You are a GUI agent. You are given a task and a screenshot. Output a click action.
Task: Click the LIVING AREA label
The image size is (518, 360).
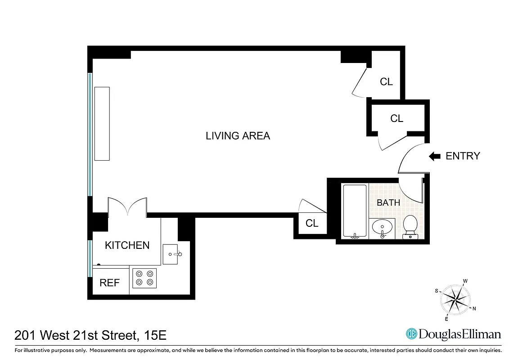pos(238,136)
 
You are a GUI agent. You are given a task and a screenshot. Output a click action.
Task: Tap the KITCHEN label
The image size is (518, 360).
pos(127,245)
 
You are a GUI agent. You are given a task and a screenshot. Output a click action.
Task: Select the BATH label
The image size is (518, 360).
pos(388,202)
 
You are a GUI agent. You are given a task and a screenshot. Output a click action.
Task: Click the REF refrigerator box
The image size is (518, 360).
pos(110,283)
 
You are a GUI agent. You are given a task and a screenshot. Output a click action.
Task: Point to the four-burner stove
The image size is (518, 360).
pos(144,278)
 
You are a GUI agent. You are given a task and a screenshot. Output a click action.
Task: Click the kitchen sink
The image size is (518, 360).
pos(173,254)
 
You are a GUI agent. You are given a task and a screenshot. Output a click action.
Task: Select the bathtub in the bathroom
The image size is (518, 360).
pos(355,211)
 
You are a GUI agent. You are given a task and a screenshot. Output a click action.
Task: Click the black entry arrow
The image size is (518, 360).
pos(434,156)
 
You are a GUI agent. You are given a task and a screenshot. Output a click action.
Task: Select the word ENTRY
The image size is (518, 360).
pos(463,156)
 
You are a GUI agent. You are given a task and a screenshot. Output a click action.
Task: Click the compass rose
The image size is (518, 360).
pos(455,299)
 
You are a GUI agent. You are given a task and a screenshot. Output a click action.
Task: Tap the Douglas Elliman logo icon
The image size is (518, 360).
pos(411,334)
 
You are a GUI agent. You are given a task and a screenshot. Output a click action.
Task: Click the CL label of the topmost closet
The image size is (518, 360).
pos(386,82)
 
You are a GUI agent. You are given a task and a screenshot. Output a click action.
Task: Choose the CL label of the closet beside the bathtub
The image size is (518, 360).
pos(312,223)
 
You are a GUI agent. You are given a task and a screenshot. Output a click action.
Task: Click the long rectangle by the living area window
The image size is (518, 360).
pos(102,123)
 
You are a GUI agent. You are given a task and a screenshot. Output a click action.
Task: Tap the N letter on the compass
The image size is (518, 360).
pos(474,308)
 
